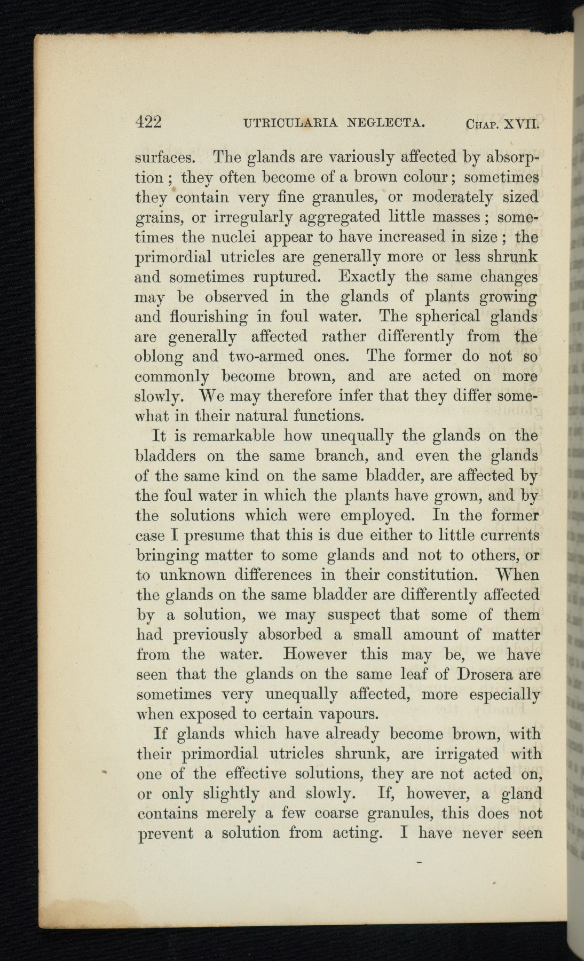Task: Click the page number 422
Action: [x=148, y=122]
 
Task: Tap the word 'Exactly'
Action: [x=367, y=277]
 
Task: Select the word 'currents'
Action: [x=507, y=535]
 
